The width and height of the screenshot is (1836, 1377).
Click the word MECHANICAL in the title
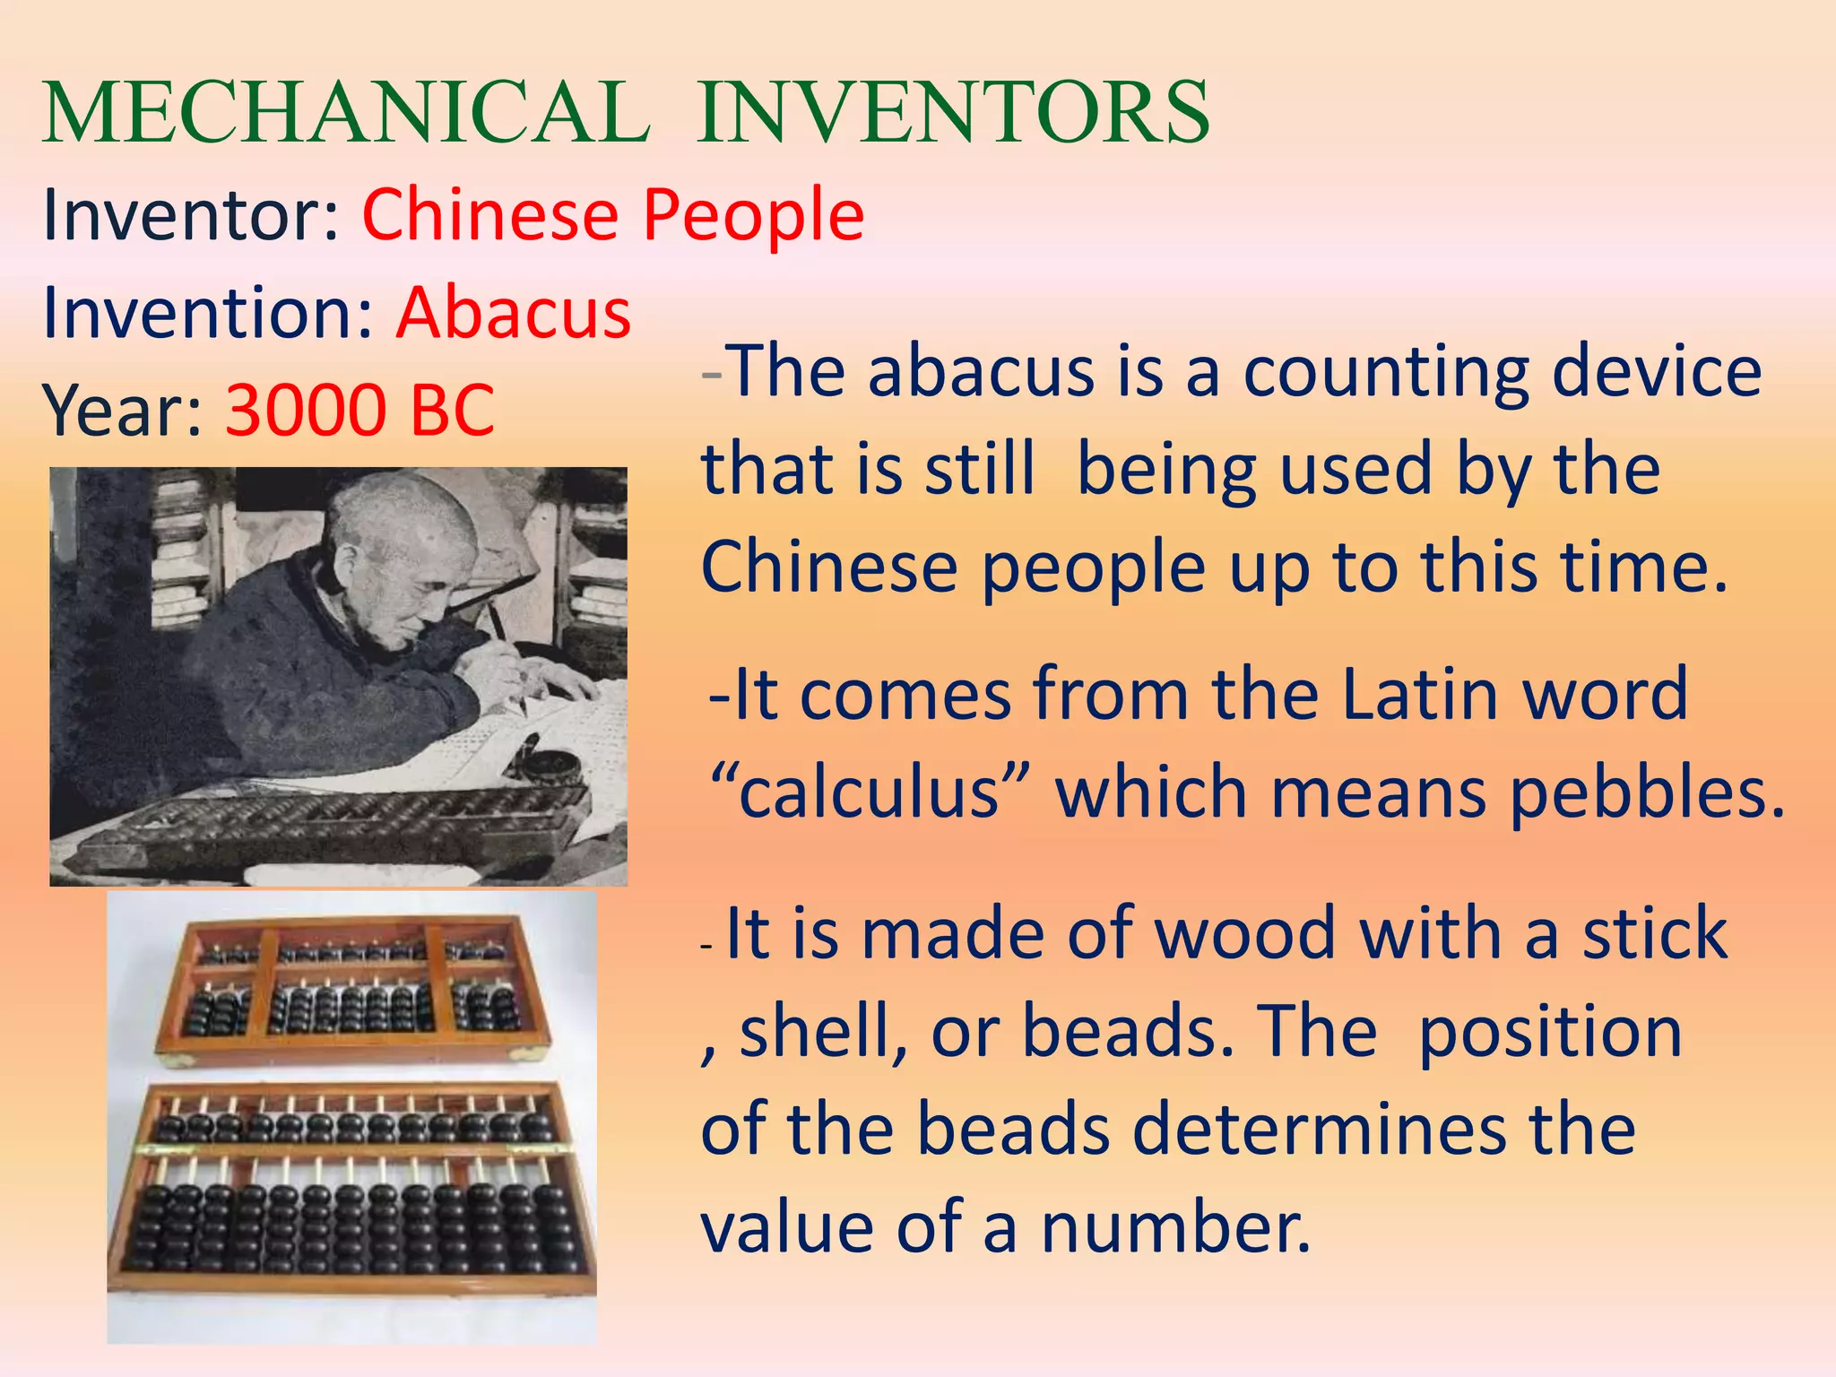pos(346,113)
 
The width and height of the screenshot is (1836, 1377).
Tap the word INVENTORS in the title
pos(953,113)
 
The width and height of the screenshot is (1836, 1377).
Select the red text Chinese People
pos(613,215)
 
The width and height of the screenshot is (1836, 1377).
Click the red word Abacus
pos(514,313)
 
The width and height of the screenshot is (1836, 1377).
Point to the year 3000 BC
pos(359,411)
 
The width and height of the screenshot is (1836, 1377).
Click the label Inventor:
pos(191,215)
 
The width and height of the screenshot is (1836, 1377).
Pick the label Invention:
pos(208,313)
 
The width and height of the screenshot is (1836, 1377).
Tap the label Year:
pos(124,411)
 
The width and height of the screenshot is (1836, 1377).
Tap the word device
pos(1657,371)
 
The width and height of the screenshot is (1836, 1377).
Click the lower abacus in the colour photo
pos(351,1189)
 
